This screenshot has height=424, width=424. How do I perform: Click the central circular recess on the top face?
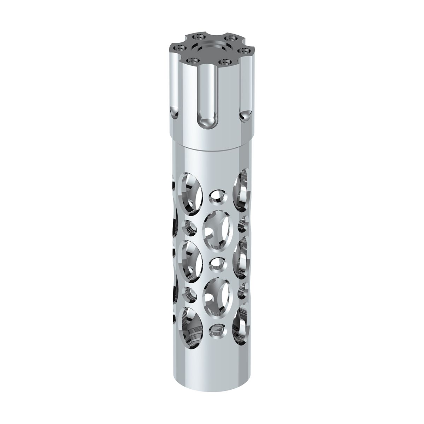(212, 48)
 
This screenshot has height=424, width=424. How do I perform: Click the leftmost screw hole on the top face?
(182, 47)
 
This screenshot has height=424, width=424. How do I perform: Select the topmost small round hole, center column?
(217, 197)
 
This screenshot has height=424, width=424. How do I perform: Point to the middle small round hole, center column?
(216, 263)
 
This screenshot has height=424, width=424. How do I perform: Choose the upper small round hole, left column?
(189, 226)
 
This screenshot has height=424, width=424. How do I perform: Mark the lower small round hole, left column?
(189, 293)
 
